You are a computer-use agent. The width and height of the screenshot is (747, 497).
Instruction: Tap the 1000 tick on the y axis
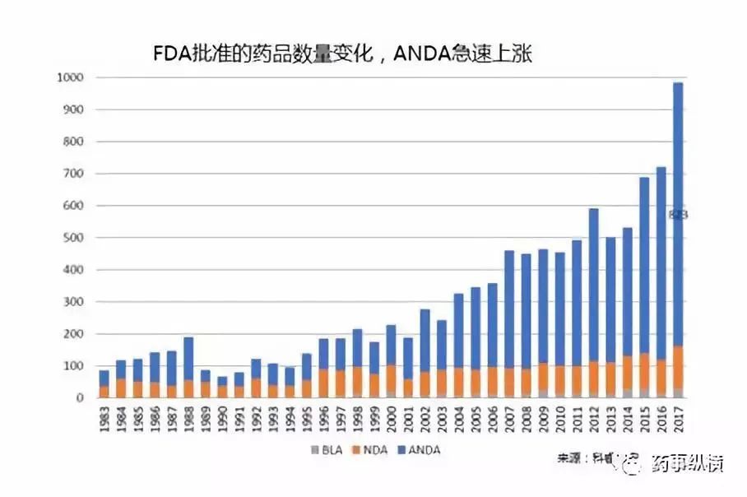coord(71,77)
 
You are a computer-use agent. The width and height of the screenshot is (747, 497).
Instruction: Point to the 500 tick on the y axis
coord(74,238)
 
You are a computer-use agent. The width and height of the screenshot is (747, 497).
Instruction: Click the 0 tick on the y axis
coord(81,397)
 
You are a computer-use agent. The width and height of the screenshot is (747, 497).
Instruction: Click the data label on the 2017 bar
coord(678,215)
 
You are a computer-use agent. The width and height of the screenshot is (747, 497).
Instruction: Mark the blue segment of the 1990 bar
coord(222,381)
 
